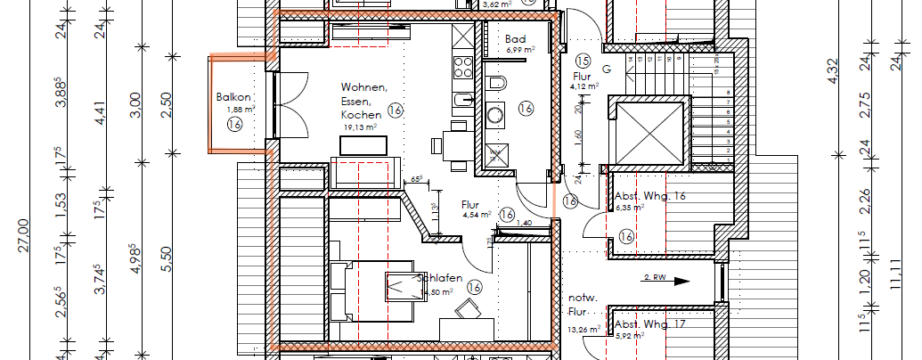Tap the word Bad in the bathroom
click(x=515, y=39)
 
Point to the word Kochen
click(x=361, y=114)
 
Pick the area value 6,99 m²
click(x=520, y=51)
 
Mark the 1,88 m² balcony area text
click(x=241, y=110)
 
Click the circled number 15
click(x=583, y=61)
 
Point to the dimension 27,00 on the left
click(x=24, y=237)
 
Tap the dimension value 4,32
click(x=834, y=70)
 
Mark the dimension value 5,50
click(x=166, y=259)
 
